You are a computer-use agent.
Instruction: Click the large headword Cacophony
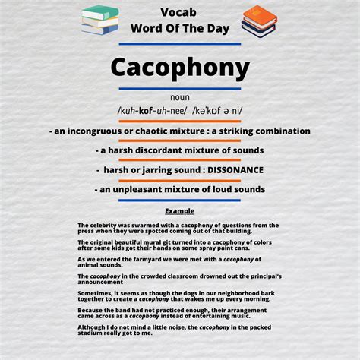[180, 68]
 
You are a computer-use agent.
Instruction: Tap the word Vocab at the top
[179, 11]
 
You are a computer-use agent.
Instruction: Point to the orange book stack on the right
[259, 21]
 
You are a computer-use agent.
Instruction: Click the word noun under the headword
[180, 97]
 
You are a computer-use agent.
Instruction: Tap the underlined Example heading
[180, 210]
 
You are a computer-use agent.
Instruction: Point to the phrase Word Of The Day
[180, 28]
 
